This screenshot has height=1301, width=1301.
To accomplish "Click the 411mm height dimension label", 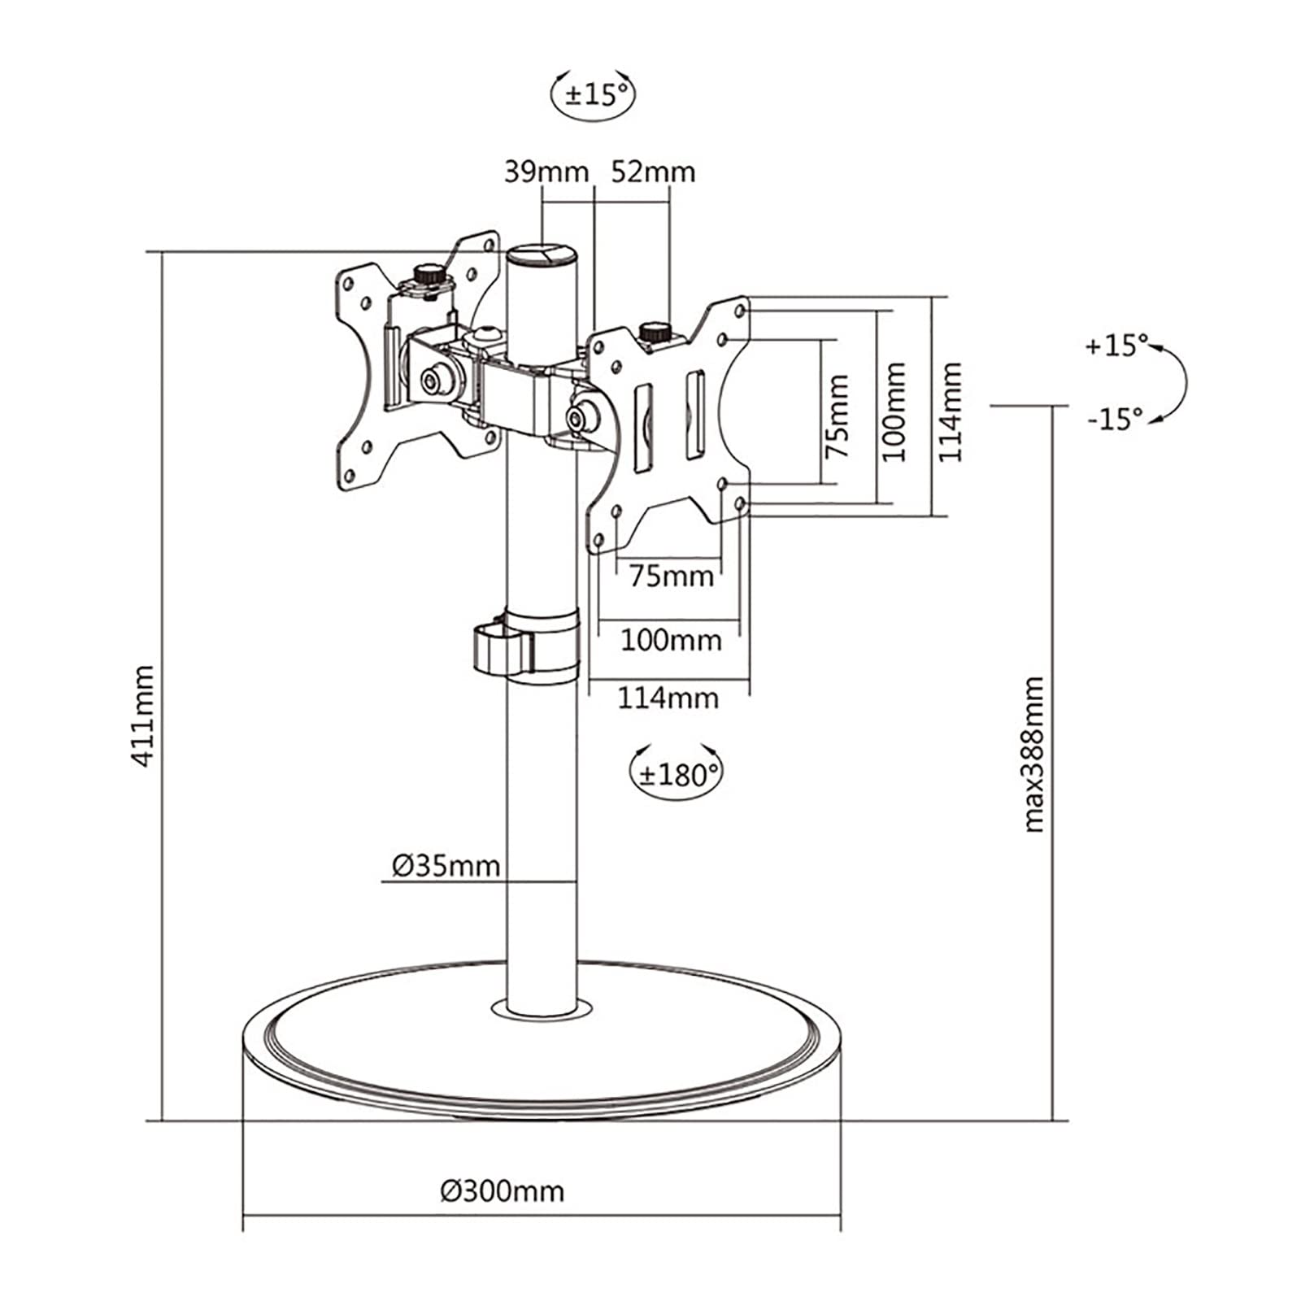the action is [143, 716].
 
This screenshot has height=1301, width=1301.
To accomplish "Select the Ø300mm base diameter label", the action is [502, 1191].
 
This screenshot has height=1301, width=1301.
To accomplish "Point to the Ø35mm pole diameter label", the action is [446, 866].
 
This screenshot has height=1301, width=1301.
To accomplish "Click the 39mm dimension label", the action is [546, 172].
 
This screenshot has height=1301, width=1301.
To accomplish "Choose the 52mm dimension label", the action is [653, 172].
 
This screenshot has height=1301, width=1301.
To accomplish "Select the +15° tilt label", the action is [1116, 345].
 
